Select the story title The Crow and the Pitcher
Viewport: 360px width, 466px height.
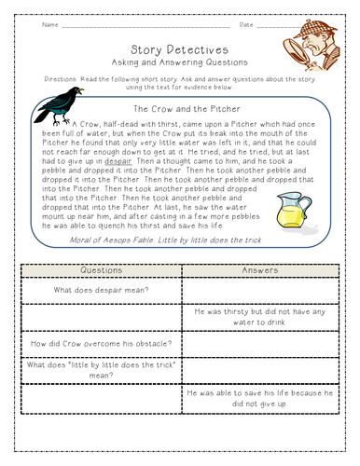pyautogui.click(x=180, y=109)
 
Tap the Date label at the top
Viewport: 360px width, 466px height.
pyautogui.click(x=247, y=25)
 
